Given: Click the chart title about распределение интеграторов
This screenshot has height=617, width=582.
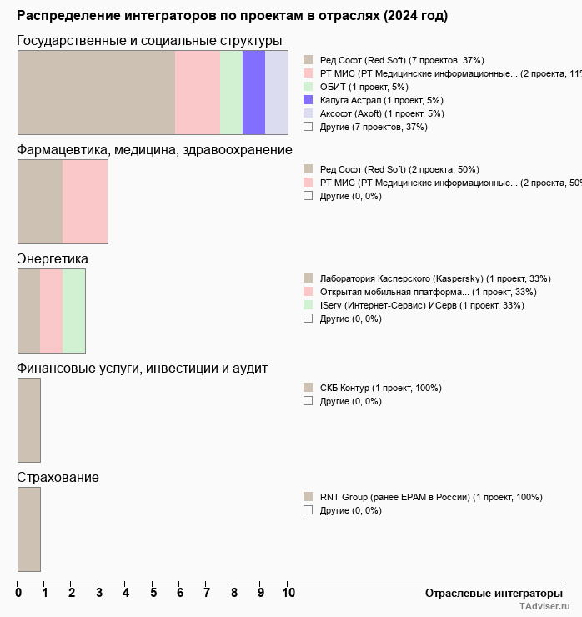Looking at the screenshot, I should click(x=232, y=16).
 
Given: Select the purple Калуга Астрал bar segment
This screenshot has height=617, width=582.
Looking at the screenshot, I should click(x=253, y=92).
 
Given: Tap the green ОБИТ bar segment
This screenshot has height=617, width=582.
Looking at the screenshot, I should click(x=231, y=92).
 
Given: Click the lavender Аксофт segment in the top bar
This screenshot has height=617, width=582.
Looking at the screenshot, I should click(x=276, y=92).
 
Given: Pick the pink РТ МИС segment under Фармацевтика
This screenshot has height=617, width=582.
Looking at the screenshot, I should click(x=85, y=201).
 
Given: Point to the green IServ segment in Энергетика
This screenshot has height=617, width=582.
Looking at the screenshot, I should click(x=73, y=310).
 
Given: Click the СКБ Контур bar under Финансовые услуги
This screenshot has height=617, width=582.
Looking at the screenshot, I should click(x=29, y=419).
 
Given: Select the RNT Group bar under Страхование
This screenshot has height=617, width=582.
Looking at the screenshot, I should click(x=29, y=529).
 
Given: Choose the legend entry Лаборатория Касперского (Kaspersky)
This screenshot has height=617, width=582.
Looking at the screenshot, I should click(x=434, y=278).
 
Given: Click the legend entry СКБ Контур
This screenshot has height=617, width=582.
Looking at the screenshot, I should click(x=380, y=388).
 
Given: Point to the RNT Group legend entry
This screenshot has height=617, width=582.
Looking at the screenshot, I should click(x=430, y=497).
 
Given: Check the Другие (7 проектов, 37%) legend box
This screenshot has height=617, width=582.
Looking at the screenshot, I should click(x=309, y=127).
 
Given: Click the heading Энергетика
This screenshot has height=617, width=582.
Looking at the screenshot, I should click(x=53, y=259).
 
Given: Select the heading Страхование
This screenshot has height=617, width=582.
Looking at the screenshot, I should click(x=58, y=478).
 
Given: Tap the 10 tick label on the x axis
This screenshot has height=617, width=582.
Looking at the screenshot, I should click(x=288, y=593).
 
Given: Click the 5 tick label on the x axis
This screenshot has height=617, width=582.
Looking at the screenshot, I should click(x=153, y=593).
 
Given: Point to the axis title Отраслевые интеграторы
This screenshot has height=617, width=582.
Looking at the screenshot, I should click(x=489, y=593).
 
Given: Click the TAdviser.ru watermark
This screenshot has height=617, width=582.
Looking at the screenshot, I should click(x=544, y=607).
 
